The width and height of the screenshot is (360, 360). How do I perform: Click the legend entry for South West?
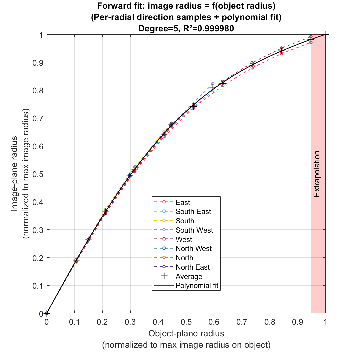click(x=194, y=230)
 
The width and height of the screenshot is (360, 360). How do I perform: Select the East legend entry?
click(x=183, y=202)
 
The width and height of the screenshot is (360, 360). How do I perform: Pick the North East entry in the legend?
click(x=193, y=267)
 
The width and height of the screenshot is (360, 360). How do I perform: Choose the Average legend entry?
click(x=189, y=276)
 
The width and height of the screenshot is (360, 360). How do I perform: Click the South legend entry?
click(x=185, y=221)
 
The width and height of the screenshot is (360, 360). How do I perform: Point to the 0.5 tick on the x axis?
click(x=186, y=322)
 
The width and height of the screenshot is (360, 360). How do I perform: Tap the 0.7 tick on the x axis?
click(x=242, y=322)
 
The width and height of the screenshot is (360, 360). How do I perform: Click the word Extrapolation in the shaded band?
click(x=317, y=174)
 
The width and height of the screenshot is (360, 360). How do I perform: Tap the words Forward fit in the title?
click(x=120, y=6)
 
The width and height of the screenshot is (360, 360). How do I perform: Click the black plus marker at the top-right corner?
click(x=326, y=34)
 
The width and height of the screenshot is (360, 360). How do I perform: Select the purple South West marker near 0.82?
click(x=213, y=84)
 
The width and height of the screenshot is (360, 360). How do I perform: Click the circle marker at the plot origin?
click(x=47, y=313)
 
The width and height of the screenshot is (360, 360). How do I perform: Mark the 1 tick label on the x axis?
click(x=326, y=322)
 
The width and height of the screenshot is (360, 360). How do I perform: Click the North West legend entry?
click(x=193, y=248)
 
